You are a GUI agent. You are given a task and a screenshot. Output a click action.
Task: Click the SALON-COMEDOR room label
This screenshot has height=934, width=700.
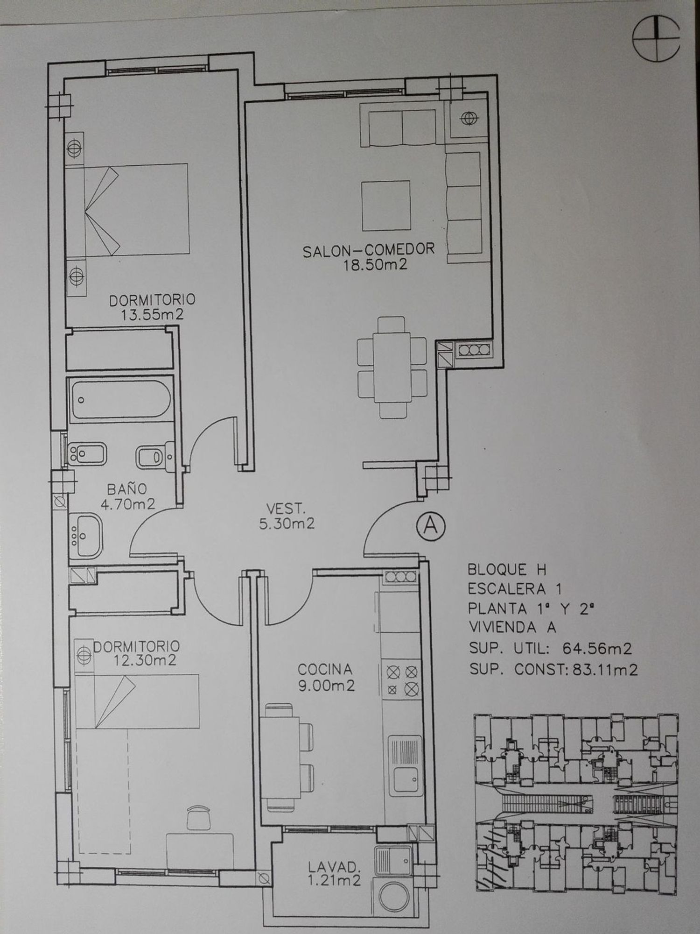point(369,250)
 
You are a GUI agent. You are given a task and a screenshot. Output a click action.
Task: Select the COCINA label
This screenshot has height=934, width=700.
point(325,669)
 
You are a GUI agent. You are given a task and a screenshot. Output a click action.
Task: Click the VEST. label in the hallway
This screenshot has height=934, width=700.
point(286,508)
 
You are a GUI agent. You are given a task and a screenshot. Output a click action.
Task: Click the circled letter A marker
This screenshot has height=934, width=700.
point(430,526)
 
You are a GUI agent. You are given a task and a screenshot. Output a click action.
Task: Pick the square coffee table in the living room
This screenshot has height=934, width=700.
point(386,206)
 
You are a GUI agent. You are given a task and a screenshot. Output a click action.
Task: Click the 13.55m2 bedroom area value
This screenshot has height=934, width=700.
point(153,314)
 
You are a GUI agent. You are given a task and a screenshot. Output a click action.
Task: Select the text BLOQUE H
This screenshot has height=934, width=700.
point(507,570)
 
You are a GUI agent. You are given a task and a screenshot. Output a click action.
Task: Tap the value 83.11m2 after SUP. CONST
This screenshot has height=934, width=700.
point(602,670)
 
